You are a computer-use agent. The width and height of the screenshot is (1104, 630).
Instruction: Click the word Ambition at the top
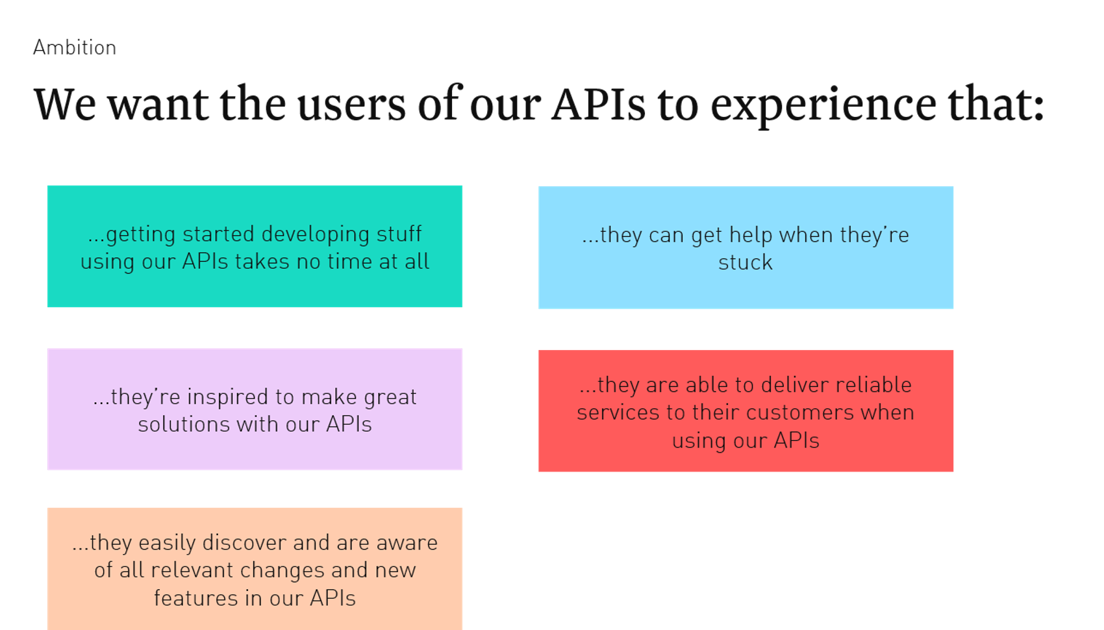pos(75,47)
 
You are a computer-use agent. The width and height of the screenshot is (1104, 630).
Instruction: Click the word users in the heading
pos(351,105)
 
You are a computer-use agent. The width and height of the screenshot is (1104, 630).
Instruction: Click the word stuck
pos(746,262)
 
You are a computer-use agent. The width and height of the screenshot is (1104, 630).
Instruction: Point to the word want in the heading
pos(158,105)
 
